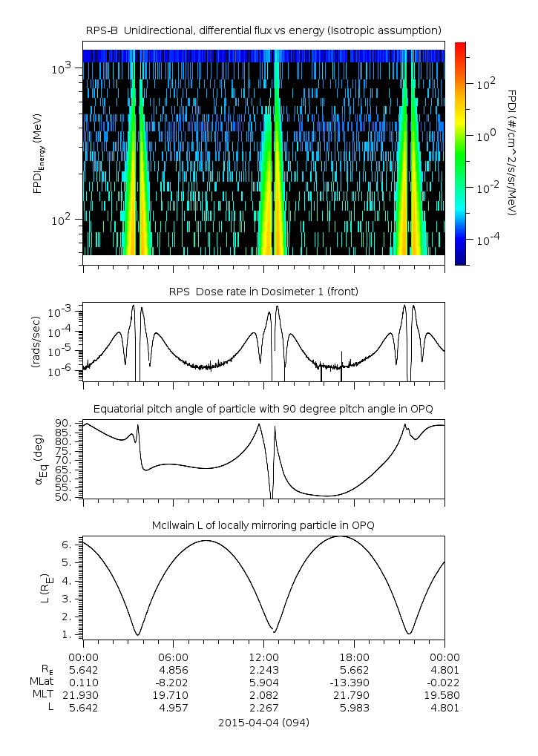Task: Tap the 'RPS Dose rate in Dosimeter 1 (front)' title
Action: (263, 292)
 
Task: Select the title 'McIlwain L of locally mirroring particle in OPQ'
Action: (263, 525)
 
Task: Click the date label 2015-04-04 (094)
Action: (263, 722)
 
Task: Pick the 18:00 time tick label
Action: (354, 657)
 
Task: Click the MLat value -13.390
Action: (354, 683)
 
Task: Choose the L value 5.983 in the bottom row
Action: (354, 708)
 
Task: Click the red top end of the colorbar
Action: (460, 46)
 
